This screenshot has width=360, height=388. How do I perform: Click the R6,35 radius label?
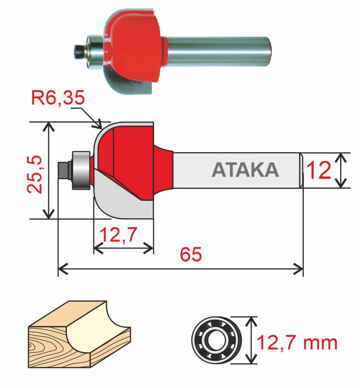coord(59,98)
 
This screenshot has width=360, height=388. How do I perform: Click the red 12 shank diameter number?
coord(318,171)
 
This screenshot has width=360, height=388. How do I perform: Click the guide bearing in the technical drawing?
coord(80,170)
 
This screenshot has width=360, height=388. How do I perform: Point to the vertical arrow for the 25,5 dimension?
coord(48,170)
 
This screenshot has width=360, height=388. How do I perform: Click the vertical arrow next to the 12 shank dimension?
coord(342,170)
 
